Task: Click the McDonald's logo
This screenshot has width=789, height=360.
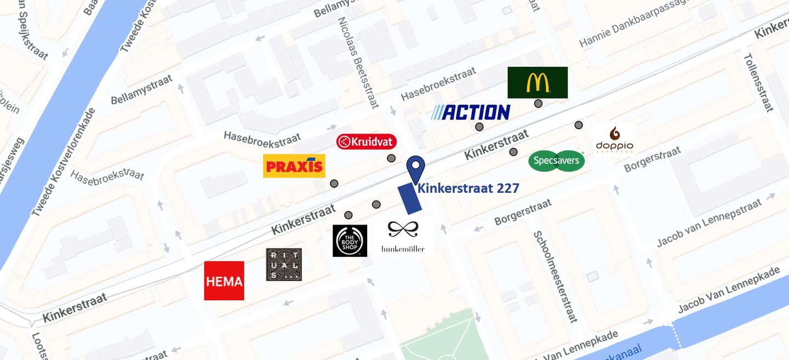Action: point(537,82)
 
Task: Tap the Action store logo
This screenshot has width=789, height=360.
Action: point(471,112)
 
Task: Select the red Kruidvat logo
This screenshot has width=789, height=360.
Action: point(366,142)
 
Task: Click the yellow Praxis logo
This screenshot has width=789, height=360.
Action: point(294,166)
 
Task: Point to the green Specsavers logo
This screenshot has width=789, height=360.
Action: point(557,161)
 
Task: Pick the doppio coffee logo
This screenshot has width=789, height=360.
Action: point(614,139)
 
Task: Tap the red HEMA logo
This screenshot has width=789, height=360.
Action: point(224,281)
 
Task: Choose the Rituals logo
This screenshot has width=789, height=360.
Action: point(284,265)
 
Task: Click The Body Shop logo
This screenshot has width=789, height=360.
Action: point(350,241)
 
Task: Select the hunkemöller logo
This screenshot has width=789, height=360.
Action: point(403,237)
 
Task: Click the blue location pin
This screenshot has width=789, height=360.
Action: point(416,168)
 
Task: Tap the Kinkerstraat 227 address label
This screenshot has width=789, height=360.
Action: point(468,188)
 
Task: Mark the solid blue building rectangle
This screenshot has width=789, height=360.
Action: point(409,199)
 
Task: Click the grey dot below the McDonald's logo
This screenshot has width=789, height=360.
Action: point(539,104)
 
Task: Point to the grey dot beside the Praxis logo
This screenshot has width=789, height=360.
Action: point(334,184)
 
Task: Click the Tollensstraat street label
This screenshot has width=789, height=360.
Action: point(759,82)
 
